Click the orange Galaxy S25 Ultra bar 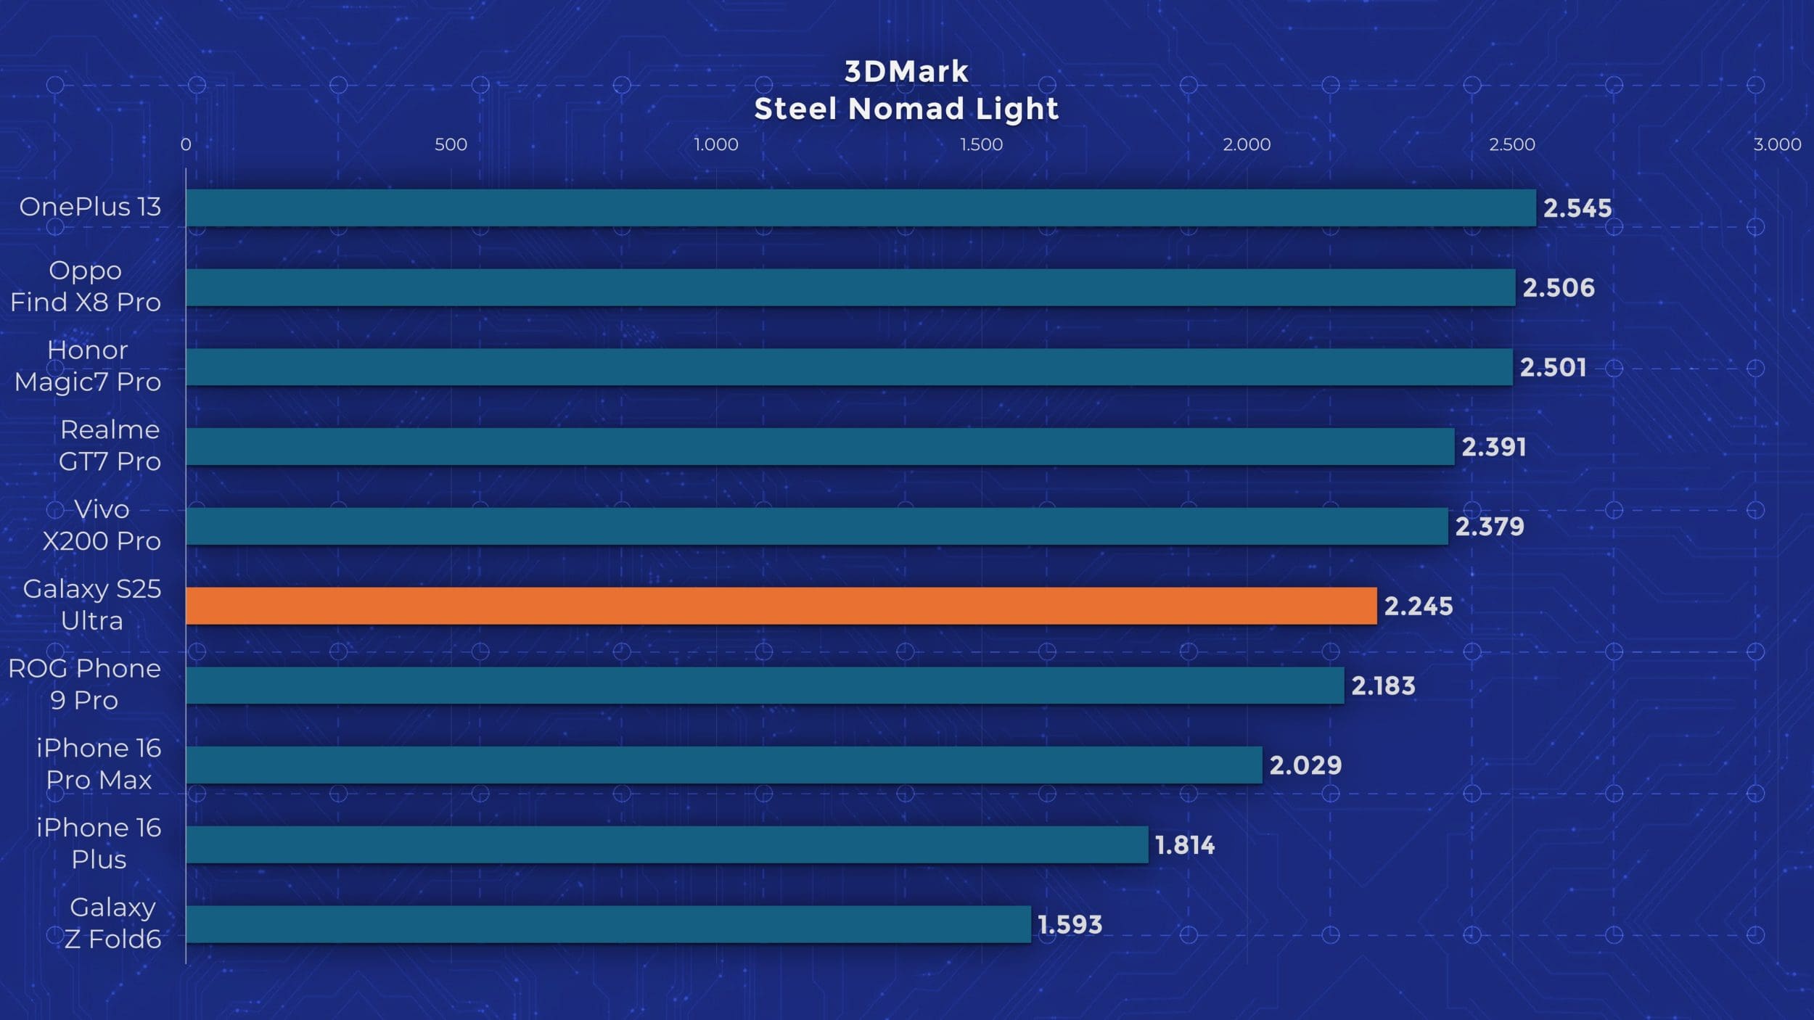(x=781, y=606)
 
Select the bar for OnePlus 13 (x=861, y=208)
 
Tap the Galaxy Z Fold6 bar (x=608, y=924)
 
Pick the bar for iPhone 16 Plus (x=667, y=844)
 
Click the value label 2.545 (x=1577, y=208)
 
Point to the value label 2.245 (x=1418, y=606)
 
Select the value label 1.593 (x=1070, y=924)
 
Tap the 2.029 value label (x=1305, y=765)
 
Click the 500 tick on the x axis (x=451, y=144)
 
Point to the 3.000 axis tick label (x=1777, y=144)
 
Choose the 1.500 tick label (x=981, y=144)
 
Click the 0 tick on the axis (x=186, y=144)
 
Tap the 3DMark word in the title (x=906, y=71)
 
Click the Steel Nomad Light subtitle (x=906, y=109)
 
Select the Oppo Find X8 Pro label (x=86, y=286)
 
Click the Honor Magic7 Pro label (x=88, y=366)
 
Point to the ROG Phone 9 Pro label (x=84, y=684)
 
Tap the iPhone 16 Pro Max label (x=99, y=764)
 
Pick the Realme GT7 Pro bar (x=820, y=447)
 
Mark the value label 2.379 (x=1489, y=527)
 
